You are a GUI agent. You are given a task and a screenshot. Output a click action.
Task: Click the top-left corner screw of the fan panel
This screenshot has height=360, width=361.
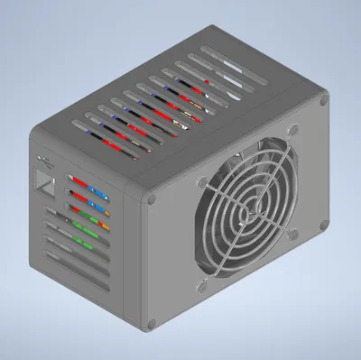(153, 199)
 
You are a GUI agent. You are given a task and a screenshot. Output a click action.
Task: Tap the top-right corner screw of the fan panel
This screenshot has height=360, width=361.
(322, 105)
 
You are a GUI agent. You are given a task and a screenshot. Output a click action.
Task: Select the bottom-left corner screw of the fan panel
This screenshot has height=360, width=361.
(150, 319)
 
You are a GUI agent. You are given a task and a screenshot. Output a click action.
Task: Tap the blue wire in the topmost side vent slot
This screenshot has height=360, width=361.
(94, 190)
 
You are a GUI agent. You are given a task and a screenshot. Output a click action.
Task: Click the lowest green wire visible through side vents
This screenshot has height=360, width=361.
(87, 241)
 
